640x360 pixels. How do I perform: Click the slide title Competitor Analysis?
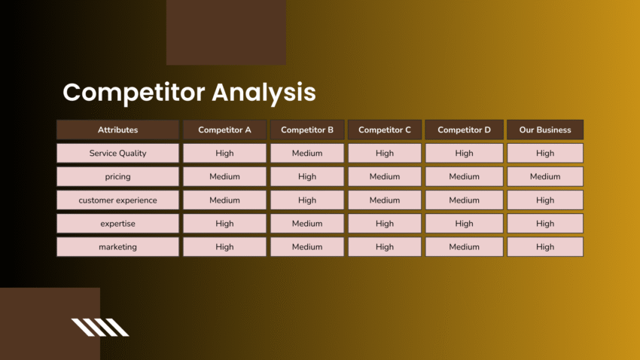[189, 93]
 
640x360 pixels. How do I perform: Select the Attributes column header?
[117, 130]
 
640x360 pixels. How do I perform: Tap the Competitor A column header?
[224, 130]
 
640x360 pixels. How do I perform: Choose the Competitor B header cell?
[307, 130]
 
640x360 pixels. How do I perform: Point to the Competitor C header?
[385, 130]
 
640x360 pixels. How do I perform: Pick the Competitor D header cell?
[464, 130]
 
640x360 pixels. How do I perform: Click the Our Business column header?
[545, 130]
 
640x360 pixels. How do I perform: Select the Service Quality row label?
[117, 153]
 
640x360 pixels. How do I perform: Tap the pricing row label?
[117, 176]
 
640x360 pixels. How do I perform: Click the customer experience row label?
[117, 200]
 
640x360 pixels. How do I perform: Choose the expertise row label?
[117, 224]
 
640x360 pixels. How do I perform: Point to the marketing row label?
[117, 247]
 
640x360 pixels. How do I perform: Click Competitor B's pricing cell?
[307, 176]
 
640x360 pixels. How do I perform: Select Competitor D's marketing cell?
[464, 247]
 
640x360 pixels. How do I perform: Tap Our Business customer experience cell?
[545, 200]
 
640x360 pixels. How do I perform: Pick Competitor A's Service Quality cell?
[224, 153]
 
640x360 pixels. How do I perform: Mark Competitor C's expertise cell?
[385, 224]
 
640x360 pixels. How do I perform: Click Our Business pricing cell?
[545, 176]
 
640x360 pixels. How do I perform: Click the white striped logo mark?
[100, 327]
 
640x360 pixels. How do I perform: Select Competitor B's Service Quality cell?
[307, 153]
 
